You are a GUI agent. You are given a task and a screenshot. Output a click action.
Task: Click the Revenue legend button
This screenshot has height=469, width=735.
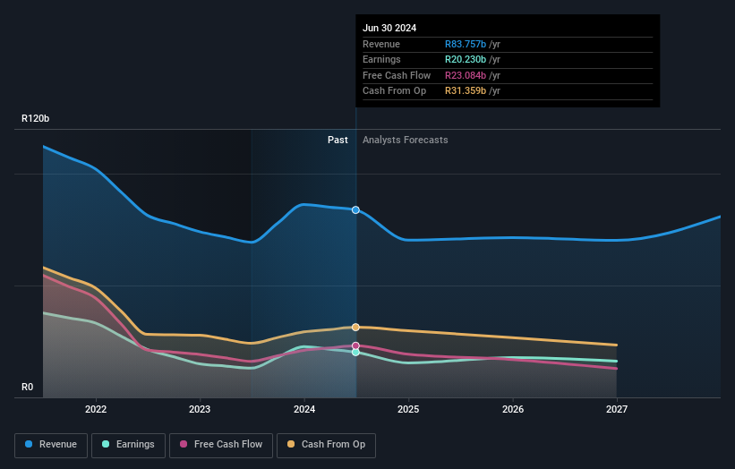[51, 445]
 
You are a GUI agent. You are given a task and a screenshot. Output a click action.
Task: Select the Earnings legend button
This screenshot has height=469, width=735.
[128, 445]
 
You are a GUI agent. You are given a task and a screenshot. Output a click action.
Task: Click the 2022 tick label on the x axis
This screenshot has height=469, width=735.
[96, 409]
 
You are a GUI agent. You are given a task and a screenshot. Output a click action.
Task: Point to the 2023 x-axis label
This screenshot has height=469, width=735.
[200, 409]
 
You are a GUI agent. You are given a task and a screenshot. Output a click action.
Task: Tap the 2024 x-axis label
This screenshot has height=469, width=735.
[304, 409]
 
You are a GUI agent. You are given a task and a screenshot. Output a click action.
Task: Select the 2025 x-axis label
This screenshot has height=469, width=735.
[408, 409]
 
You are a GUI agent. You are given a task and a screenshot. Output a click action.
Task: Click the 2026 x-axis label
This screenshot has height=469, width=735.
[513, 409]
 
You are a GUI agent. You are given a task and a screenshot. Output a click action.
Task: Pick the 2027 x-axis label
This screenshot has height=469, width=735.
[617, 409]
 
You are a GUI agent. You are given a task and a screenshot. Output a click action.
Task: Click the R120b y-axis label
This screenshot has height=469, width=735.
[36, 118]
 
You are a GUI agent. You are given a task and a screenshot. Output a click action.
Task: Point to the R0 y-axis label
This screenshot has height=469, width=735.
[29, 387]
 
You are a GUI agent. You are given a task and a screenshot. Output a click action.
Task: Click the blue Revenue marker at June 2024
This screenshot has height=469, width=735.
[355, 210]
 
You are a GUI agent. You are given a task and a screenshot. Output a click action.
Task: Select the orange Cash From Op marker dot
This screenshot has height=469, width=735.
[355, 328]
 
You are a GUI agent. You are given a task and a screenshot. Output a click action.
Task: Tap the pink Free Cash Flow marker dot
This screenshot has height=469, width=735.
[355, 345]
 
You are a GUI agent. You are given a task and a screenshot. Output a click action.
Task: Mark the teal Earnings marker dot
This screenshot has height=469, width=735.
[355, 353]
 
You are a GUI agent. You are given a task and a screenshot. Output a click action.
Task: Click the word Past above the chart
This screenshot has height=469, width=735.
[338, 140]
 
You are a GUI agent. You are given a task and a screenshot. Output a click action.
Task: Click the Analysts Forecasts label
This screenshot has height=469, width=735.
[405, 140]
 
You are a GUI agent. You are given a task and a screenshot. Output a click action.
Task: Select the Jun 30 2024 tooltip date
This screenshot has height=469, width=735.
[389, 29]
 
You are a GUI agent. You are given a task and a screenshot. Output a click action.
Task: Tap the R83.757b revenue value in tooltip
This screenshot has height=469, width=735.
[466, 44]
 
